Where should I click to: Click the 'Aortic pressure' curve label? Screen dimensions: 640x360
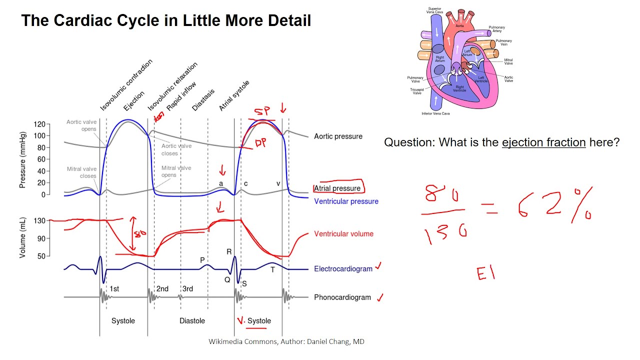(x=338, y=136)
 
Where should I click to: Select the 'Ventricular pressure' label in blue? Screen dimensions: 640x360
(x=346, y=201)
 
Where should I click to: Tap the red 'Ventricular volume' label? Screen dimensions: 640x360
(x=343, y=234)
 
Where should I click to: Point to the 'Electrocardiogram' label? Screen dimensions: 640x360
(x=343, y=269)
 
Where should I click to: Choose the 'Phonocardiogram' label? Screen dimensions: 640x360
(x=342, y=297)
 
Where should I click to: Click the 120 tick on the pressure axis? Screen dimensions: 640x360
(x=40, y=124)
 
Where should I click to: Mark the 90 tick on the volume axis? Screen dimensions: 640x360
(x=40, y=238)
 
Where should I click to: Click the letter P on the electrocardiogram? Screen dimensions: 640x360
(x=202, y=260)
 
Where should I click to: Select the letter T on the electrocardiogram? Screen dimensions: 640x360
(x=272, y=270)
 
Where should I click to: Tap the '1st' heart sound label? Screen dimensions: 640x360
(x=114, y=289)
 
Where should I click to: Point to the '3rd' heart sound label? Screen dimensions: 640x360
(x=187, y=289)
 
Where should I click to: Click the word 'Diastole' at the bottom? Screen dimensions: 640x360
(x=192, y=320)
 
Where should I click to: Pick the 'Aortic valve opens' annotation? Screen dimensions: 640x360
(x=81, y=125)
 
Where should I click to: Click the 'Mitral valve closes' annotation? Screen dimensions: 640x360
(x=81, y=172)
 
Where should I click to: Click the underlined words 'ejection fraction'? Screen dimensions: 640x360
(x=543, y=142)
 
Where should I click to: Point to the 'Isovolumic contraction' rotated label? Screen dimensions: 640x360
(x=126, y=85)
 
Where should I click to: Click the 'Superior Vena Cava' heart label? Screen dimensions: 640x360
(x=434, y=11)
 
